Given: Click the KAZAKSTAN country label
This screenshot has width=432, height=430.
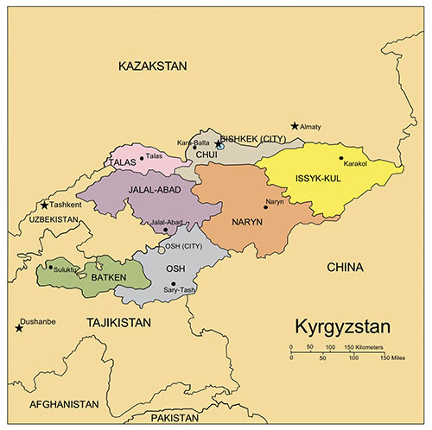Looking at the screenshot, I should point(151,66).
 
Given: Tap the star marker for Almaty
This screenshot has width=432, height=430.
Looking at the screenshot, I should point(295,126).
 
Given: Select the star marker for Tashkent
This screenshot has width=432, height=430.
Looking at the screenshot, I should point(45,206).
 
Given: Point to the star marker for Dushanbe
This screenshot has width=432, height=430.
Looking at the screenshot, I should point(19,328).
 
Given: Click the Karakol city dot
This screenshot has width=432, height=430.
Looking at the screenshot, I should point(341,158).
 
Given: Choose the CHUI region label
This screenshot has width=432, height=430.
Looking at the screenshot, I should point(206,155).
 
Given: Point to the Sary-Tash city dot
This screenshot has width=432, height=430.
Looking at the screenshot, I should point(173,284).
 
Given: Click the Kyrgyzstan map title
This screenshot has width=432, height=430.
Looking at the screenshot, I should point(343,327).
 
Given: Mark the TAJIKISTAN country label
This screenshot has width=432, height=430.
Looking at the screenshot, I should point(118,322).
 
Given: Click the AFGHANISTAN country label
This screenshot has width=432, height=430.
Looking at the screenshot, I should point(63,404).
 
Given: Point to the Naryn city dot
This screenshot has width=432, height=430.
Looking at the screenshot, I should point(265,208).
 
